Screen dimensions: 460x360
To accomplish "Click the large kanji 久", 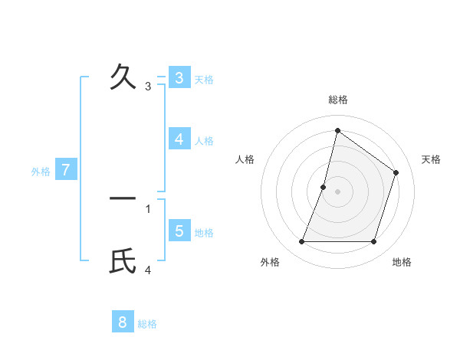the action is [x=123, y=77].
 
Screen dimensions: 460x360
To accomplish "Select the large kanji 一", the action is [x=123, y=198].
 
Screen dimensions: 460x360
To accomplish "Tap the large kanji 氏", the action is [x=123, y=262].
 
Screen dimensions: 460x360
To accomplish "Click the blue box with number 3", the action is [x=179, y=78].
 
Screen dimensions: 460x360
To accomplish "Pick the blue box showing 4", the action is [x=179, y=139].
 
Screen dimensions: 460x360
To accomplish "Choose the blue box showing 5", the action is [x=179, y=231].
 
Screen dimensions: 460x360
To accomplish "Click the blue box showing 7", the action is [x=66, y=170].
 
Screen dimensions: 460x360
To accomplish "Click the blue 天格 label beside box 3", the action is [x=204, y=79].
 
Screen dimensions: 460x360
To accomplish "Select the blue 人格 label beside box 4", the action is [x=204, y=141].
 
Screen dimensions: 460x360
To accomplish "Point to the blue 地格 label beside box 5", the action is [x=204, y=232].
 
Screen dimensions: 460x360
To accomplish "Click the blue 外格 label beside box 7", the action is [x=41, y=172].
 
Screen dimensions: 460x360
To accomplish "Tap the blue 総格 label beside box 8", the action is [x=147, y=324].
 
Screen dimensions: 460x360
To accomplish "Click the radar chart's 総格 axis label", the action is [x=338, y=100].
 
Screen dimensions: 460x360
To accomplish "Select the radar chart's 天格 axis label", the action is [x=431, y=159].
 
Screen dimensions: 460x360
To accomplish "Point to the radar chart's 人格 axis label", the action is [x=245, y=159].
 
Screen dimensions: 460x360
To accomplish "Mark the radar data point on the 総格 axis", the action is [x=337, y=130].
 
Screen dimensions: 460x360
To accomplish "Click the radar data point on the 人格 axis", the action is [x=324, y=186].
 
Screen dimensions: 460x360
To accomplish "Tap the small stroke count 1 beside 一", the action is [x=148, y=208].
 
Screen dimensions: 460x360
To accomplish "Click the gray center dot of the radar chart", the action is [x=337, y=191].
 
